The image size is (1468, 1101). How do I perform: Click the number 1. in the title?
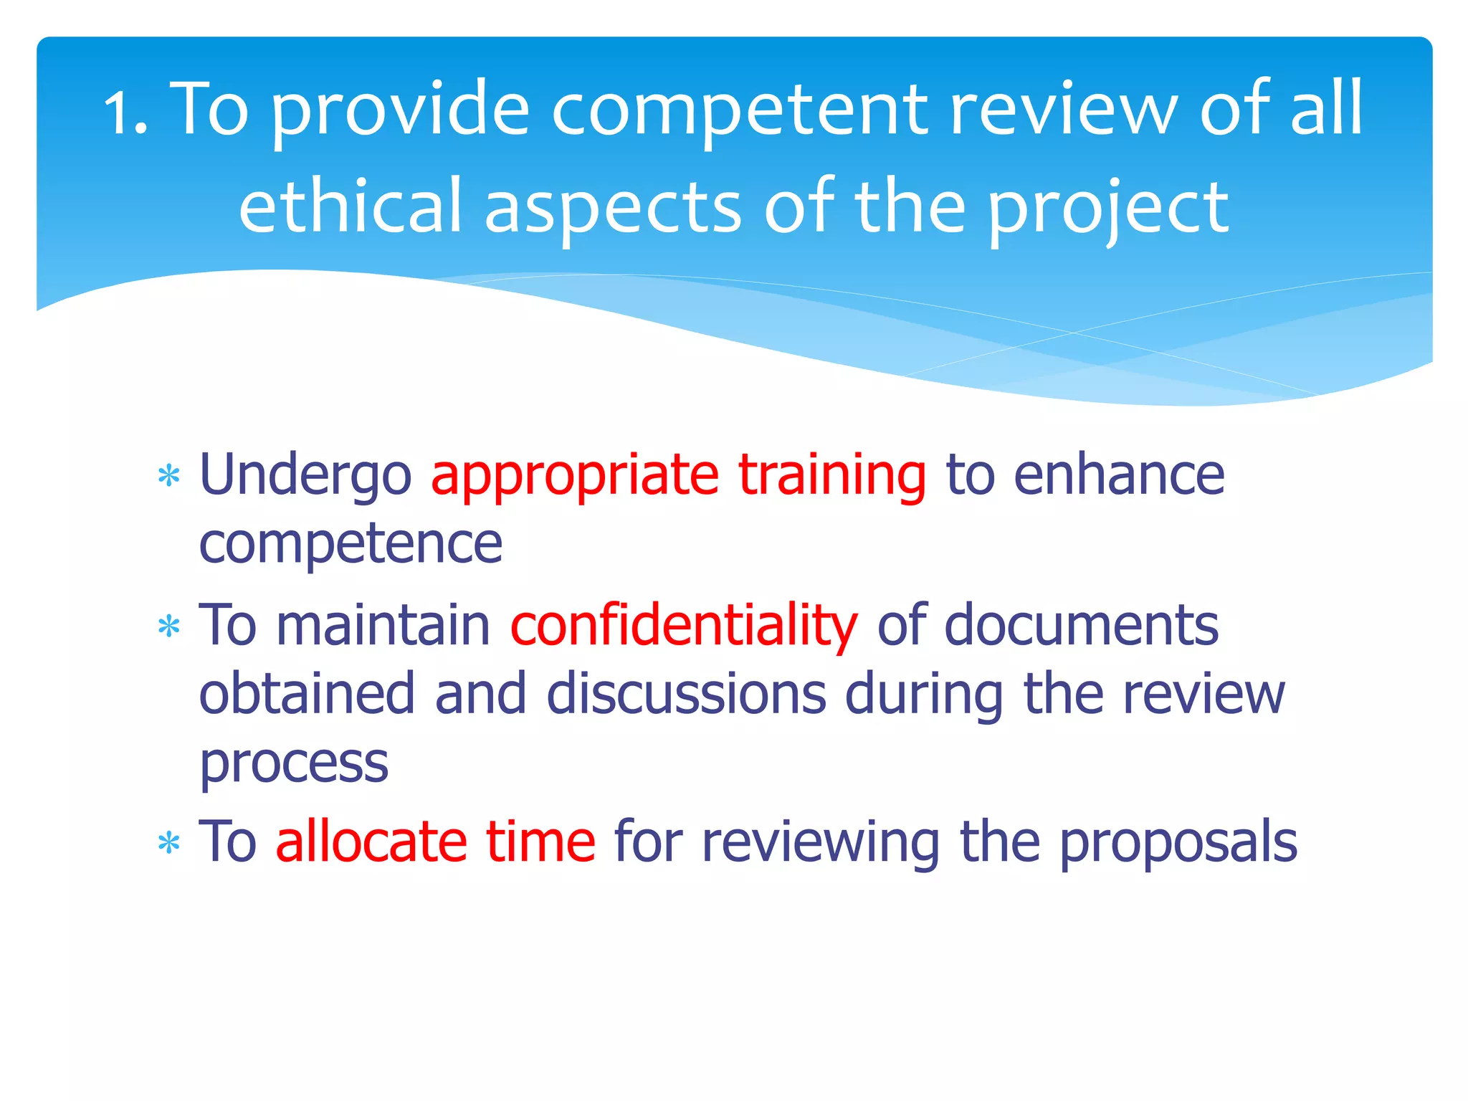pos(126,111)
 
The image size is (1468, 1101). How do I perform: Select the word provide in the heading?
pos(401,111)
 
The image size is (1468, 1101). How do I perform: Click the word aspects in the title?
pos(613,208)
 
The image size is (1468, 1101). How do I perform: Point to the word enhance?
pos(1119,475)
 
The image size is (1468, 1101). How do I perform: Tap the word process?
pos(294,764)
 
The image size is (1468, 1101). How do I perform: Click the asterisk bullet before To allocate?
pos(169,844)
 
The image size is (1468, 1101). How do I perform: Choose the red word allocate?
pos(371,842)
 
